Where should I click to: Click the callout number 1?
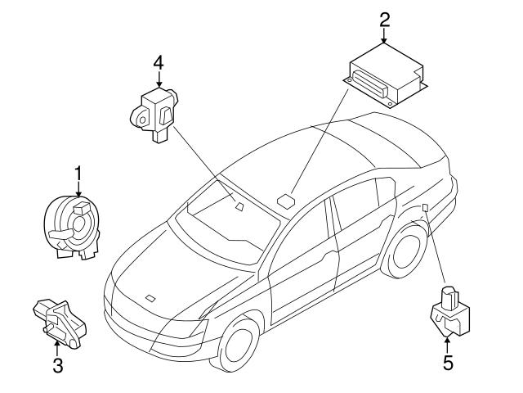(79, 174)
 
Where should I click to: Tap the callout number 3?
(57, 365)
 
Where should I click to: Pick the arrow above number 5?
(447, 341)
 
